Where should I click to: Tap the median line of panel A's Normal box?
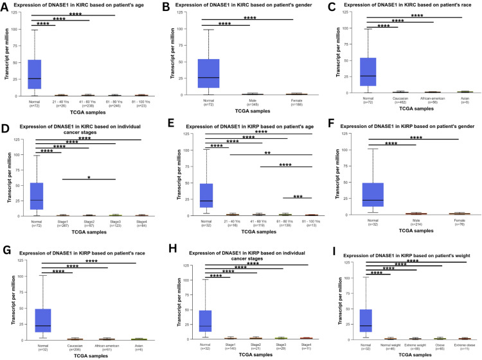point(35,78)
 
